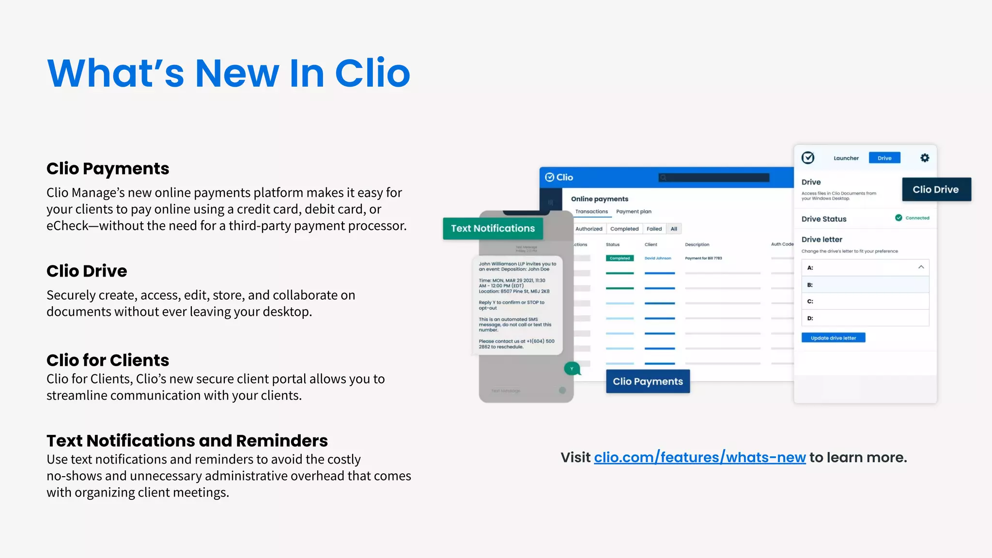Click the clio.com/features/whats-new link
[699, 457]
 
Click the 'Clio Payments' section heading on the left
[108, 169]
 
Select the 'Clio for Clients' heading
[108, 360]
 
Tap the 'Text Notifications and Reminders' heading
[187, 441]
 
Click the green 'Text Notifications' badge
[493, 229]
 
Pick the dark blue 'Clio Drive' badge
[936, 189]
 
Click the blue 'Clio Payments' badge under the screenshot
[648, 381]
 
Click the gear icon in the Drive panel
[925, 158]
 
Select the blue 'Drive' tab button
[884, 158]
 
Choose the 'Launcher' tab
[846, 158]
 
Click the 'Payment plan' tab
[634, 212]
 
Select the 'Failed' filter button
[654, 229]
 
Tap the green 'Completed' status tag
[620, 258]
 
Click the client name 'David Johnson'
[658, 258]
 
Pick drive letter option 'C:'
[865, 301]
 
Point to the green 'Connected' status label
[917, 218]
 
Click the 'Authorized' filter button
[589, 229]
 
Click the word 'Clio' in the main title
[372, 74]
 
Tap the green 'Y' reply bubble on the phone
[572, 369]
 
